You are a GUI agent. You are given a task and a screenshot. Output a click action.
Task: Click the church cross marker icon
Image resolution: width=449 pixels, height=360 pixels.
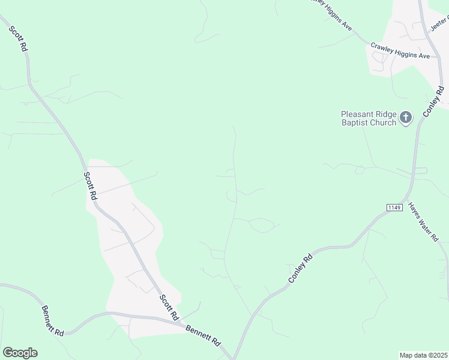coord(406,118)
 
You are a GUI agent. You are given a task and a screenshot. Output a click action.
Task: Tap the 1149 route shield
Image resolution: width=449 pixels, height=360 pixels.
coord(394,207)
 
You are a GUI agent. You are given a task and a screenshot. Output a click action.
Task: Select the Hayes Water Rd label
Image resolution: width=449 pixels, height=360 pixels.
coord(424,221)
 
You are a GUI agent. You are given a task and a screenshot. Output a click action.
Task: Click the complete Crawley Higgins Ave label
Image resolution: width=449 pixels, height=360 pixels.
coord(400,50)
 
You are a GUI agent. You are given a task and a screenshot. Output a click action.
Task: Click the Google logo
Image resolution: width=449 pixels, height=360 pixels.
coord(20,352)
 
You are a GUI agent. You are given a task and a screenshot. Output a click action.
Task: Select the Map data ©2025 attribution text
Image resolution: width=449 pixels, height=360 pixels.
coord(423,355)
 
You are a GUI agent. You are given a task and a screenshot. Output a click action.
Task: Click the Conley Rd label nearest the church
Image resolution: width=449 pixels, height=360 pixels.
coord(433,101)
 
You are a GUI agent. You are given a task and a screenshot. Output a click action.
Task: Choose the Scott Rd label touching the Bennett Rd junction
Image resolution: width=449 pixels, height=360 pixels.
coord(169,307)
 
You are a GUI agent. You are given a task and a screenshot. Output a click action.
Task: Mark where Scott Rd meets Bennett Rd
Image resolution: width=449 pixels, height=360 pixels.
coord(181,325)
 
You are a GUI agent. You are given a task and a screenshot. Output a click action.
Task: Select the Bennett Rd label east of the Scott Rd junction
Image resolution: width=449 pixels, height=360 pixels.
coord(205,335)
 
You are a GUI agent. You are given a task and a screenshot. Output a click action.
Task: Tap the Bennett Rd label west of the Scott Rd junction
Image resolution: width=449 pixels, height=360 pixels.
coord(53,320)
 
